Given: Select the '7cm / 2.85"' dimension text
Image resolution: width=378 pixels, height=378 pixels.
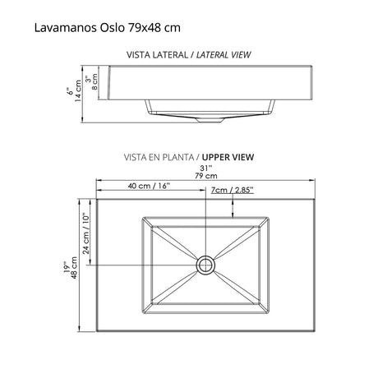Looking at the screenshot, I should [x=233, y=189].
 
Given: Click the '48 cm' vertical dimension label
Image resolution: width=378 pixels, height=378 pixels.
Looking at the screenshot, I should [x=75, y=270].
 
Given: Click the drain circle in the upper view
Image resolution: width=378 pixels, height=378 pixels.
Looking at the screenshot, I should [x=205, y=265].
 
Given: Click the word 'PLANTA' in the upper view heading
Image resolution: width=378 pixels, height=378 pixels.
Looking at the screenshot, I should [x=178, y=155].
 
